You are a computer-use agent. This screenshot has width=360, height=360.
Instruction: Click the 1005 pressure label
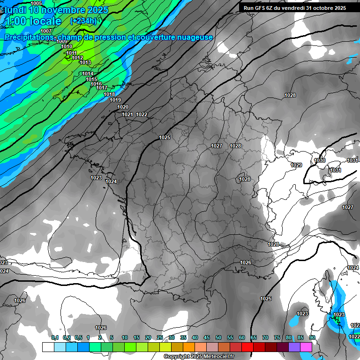tap(36, 3)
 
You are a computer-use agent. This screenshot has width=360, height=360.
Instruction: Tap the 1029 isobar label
tap(296, 165)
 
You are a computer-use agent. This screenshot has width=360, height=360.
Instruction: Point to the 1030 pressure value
tap(320, 160)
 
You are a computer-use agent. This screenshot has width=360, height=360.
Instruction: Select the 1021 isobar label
tap(127, 114)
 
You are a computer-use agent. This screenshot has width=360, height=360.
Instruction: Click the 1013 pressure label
tap(85, 62)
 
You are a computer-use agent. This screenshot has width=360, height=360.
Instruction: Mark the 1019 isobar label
tap(115, 100)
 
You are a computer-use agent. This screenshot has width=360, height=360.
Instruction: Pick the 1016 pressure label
tap(96, 84)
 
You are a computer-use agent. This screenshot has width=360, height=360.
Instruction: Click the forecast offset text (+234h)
tap(83, 21)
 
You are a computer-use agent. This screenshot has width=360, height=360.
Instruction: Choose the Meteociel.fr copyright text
tap(199, 357)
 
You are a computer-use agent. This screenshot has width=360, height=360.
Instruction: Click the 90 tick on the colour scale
tap(312, 337)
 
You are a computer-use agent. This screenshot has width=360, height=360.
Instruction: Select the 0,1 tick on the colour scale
tap(54, 337)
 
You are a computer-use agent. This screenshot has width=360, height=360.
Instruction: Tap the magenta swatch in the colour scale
tap(306, 347)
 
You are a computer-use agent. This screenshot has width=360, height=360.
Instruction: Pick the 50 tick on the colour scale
tap(218, 337)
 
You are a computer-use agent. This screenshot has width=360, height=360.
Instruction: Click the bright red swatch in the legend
tap(247, 347)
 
